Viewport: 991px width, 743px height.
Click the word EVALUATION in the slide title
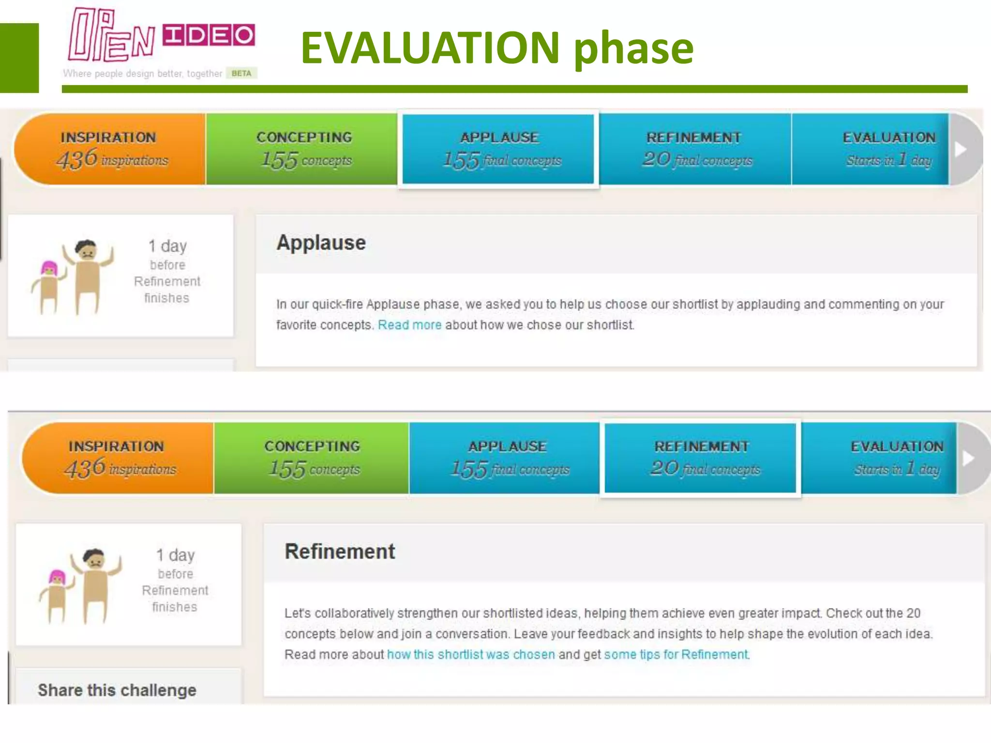pos(430,47)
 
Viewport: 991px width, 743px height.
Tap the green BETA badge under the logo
pos(241,74)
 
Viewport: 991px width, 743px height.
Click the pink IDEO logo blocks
pos(209,35)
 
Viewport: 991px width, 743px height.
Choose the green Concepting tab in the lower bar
pos(312,458)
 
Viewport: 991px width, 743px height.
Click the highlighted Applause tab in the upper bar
pos(498,149)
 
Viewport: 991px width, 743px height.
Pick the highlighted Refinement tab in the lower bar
pos(700,458)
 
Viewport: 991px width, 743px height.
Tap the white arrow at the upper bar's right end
pos(961,149)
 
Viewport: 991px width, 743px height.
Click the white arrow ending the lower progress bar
pos(968,459)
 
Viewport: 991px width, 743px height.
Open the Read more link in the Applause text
pos(409,325)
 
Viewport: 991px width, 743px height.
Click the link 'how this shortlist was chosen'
pos(471,654)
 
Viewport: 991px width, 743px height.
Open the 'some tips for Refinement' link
pos(676,654)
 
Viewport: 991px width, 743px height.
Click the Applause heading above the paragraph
pos(321,243)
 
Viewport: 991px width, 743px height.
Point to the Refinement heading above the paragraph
pos(340,552)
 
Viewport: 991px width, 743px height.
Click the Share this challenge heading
pos(117,690)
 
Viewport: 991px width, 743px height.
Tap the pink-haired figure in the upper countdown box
pos(49,285)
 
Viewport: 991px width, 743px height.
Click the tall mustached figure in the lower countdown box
pos(95,585)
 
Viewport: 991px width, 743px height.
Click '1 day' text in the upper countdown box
pos(167,246)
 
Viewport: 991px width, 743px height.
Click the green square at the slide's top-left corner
pos(19,58)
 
